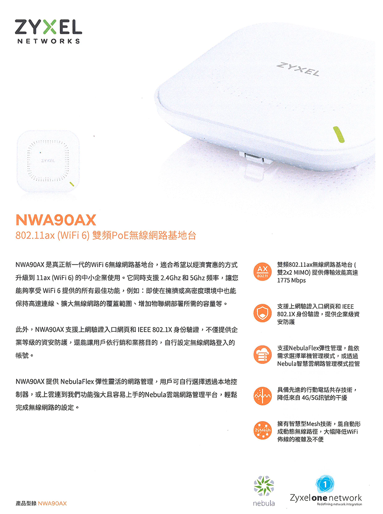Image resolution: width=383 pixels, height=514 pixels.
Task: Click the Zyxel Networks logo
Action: pos(48,31)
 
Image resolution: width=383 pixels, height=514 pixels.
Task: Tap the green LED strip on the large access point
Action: pos(339,134)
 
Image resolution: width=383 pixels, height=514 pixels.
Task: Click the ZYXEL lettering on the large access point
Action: pos(298,69)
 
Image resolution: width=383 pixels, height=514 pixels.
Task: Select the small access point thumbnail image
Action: pos(48,161)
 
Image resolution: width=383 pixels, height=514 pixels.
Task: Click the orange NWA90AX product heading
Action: pos(56,220)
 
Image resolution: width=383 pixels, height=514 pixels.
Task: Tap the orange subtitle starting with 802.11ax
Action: pos(106,236)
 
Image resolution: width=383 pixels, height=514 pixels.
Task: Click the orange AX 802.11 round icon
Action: pos(262,271)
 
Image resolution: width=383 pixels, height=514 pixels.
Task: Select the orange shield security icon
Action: pos(262,313)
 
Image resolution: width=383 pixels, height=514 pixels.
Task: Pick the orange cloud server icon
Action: pos(262,355)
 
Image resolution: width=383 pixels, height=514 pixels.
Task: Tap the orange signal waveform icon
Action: pos(262,396)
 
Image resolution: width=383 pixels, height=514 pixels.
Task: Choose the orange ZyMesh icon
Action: pos(262,430)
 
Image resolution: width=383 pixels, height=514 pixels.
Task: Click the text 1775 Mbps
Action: pos(291,281)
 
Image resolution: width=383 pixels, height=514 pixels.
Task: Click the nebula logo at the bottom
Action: pos(264,491)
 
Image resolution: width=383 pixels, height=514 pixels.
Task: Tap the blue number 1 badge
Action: pos(325,484)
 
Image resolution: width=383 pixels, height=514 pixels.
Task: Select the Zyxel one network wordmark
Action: pos(326,498)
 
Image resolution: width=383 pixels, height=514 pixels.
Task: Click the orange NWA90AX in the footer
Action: pos(52,504)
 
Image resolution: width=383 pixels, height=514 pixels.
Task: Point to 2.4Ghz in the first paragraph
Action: pos(170,278)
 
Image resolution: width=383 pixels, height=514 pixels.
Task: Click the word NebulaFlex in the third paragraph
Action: pos(77,382)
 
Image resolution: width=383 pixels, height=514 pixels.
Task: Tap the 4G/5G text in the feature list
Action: pos(310,398)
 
